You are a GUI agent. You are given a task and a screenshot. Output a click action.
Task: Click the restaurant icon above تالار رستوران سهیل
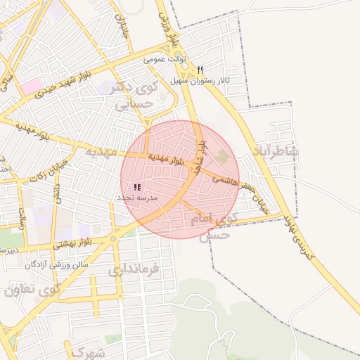pyautogui.click(x=200, y=70)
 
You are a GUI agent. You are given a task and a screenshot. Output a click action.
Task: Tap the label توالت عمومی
pyautogui.click(x=162, y=60)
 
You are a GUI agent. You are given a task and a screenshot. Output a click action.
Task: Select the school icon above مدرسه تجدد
pyautogui.click(x=137, y=187)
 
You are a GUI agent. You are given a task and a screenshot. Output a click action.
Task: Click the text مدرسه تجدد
pyautogui.click(x=139, y=199)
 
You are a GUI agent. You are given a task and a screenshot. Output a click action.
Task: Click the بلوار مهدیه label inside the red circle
pyautogui.click(x=169, y=158)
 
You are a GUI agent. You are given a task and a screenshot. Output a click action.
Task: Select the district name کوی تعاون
pyautogui.click(x=32, y=289)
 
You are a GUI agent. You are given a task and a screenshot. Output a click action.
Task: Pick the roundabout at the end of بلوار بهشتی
pyautogui.click(x=112, y=239)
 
